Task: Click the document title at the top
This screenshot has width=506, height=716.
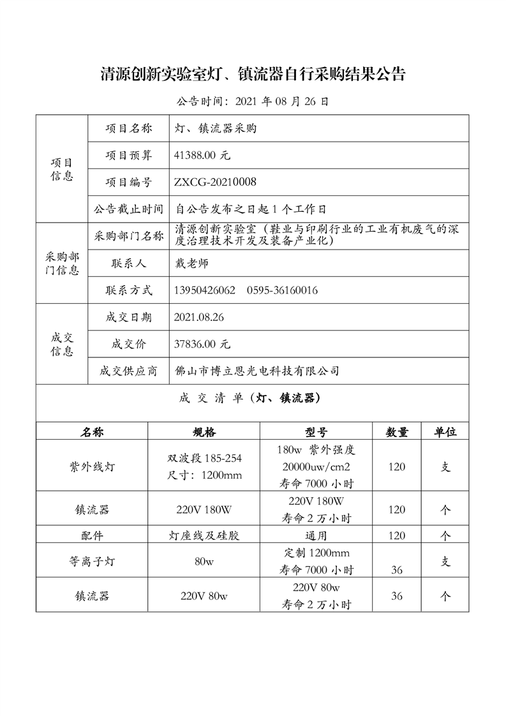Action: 253,74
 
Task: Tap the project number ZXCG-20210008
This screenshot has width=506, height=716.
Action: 215,183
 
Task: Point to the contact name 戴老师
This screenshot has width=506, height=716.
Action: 191,263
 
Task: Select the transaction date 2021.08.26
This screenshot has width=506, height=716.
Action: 198,317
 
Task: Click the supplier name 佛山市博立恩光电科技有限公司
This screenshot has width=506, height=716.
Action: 257,371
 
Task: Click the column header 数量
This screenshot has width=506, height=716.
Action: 397,432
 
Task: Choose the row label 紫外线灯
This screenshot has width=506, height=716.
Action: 92,466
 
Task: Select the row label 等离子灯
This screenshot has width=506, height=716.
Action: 92,562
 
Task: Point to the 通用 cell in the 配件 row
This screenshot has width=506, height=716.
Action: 316,535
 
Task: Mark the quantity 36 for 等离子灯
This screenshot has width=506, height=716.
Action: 397,569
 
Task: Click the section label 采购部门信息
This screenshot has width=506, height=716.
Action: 62,263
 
